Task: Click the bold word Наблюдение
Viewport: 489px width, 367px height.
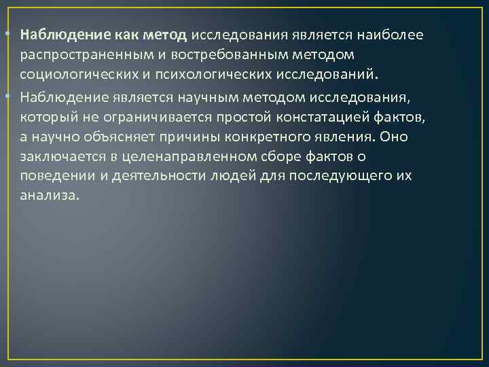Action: tap(58, 34)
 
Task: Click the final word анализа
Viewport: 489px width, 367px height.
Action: tap(50, 195)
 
